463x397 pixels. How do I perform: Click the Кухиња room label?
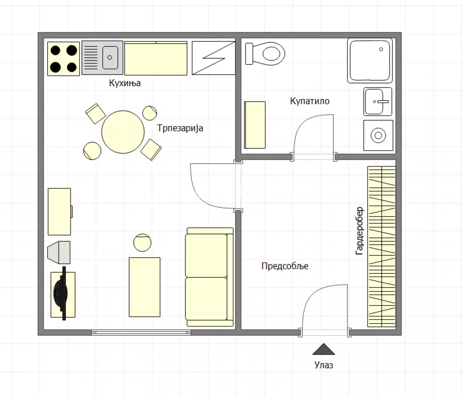pos(125,83)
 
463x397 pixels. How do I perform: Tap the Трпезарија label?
pos(180,128)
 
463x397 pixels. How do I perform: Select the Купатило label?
pos(310,101)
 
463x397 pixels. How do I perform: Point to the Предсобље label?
pos(284,266)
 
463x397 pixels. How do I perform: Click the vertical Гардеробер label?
pos(359,231)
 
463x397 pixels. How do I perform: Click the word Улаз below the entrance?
pos(324,365)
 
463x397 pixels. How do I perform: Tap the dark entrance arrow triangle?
pos(324,349)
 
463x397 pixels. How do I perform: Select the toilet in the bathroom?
pos(265,53)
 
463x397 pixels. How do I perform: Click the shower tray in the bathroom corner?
pos(370,60)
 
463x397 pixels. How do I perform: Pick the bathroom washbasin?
pos(378,101)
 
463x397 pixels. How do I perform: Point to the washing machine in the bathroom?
pos(378,135)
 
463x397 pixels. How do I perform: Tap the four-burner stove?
pos(63,59)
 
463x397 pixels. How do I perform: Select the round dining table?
pos(123,132)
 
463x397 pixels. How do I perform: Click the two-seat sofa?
pos(209,277)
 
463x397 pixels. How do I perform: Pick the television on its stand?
pos(61,293)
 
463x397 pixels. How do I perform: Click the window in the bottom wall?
pos(141,332)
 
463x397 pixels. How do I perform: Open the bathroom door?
pos(313,137)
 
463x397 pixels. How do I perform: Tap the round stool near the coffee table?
pos(142,243)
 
